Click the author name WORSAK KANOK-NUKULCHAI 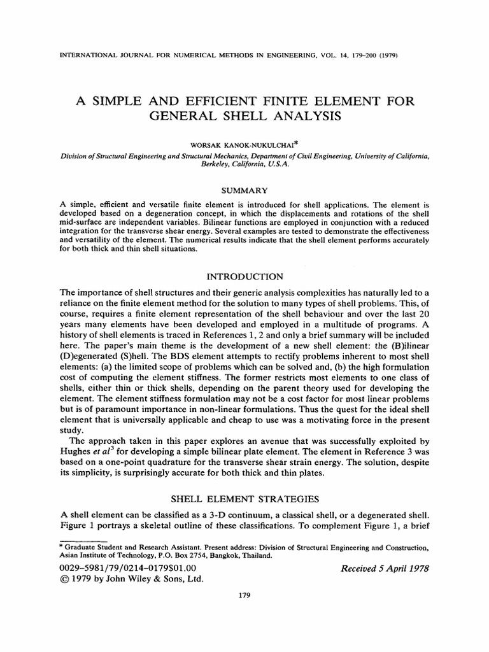(244, 135)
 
